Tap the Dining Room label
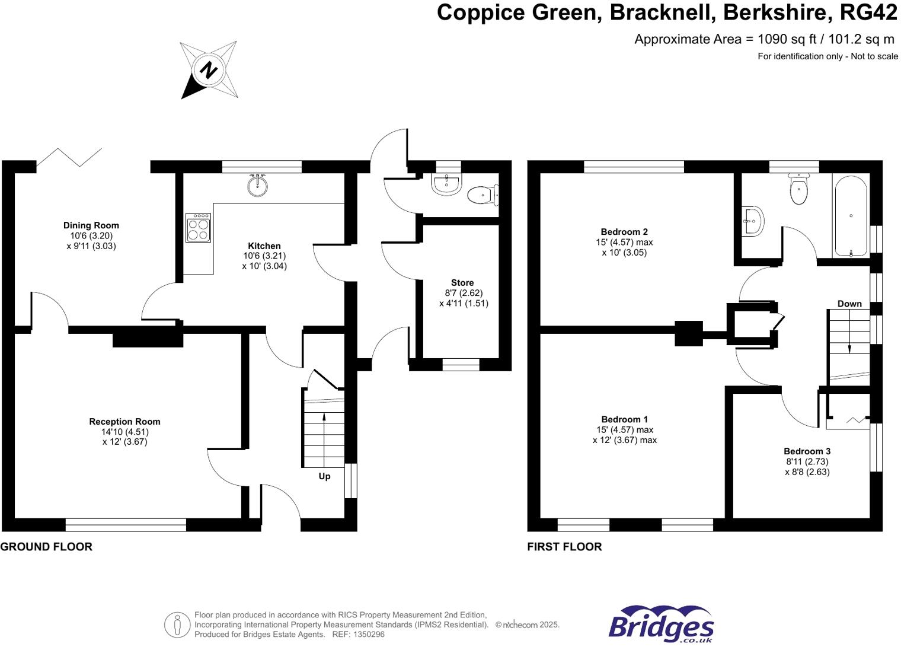(91, 225)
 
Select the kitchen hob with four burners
(198, 228)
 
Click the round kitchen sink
(257, 186)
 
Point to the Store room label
(462, 283)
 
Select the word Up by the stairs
(325, 476)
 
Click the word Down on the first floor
(849, 304)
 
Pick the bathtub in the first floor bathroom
(851, 216)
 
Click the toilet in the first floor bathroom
(798, 189)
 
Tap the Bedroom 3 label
(807, 451)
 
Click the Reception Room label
(124, 422)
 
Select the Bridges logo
(661, 624)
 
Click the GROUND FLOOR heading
(46, 547)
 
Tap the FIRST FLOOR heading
(564, 547)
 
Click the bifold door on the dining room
(70, 157)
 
